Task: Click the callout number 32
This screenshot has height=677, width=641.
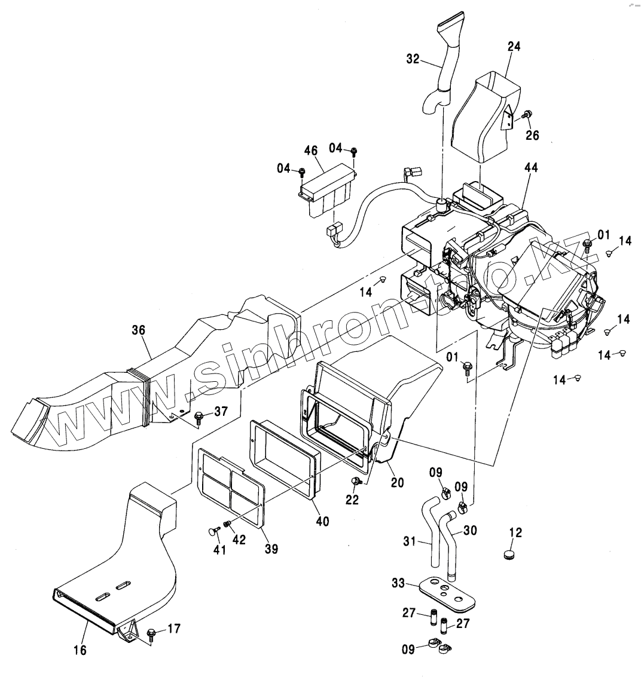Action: click(413, 59)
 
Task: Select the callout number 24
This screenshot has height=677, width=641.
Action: click(514, 46)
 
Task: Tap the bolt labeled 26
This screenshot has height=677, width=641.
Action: click(528, 115)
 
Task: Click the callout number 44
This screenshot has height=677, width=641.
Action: click(531, 168)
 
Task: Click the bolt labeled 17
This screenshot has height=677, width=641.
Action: click(151, 632)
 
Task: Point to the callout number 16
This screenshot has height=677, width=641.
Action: click(80, 650)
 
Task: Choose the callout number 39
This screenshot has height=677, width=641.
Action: click(271, 549)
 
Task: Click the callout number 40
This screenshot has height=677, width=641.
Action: click(322, 521)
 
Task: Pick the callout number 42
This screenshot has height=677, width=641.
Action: click(239, 539)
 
